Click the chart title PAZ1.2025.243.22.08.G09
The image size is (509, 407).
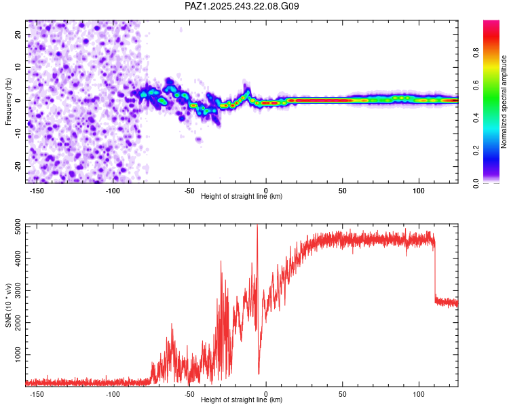(242, 7)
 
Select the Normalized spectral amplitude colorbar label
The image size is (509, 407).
(504, 102)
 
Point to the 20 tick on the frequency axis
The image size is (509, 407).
(18, 34)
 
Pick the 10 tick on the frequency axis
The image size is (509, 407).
(18, 67)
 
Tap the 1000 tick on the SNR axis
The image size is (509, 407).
(14, 355)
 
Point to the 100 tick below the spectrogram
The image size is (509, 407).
(419, 190)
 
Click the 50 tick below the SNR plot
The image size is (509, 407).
(342, 393)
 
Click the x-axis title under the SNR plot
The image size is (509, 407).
(242, 400)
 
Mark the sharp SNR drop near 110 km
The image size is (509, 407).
(435, 271)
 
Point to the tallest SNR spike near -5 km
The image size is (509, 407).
(257, 227)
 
